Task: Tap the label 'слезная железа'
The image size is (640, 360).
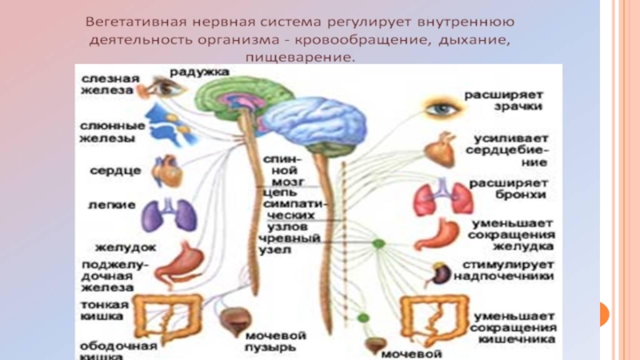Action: [109, 84]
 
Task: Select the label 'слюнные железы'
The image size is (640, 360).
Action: [112, 131]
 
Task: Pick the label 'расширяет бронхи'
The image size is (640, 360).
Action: [509, 189]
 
